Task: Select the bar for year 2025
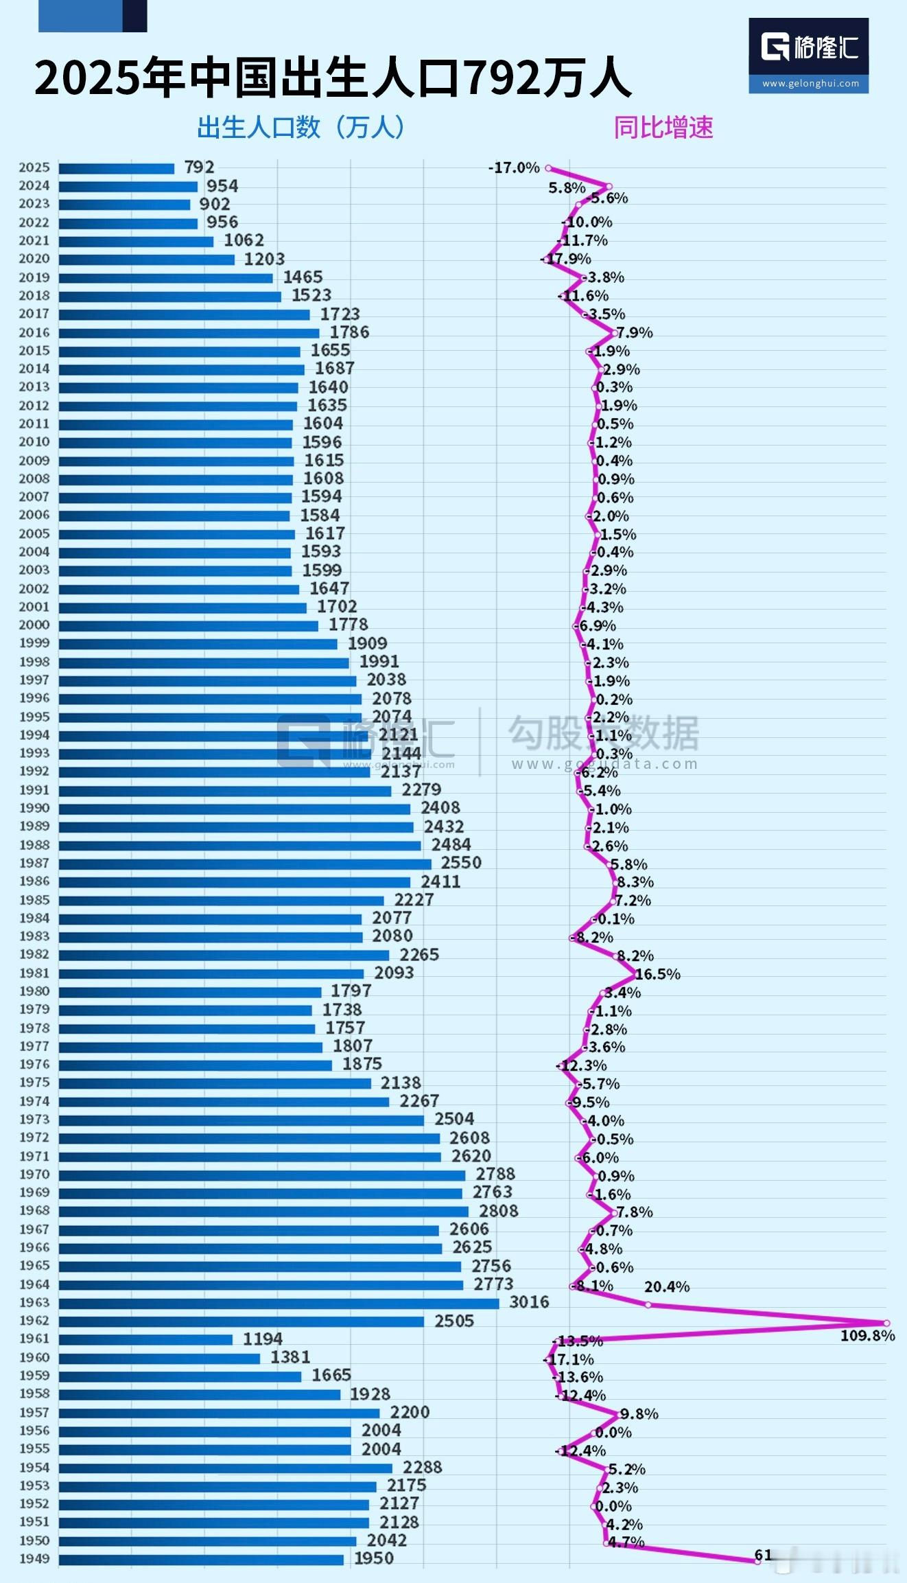coord(117,168)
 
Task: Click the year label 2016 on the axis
coord(34,332)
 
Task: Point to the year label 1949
coord(34,1558)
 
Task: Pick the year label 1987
coord(34,863)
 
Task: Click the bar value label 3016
coord(529,1302)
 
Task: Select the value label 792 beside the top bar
coord(199,167)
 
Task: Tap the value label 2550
coord(461,863)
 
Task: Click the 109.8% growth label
coord(867,1335)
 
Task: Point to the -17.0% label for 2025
coord(514,168)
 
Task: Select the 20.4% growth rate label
coord(666,1286)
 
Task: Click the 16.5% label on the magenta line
coord(657,974)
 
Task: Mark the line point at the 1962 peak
coord(886,1323)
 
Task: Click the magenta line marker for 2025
coord(548,168)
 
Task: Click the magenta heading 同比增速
coord(663,128)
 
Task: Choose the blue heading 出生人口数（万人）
coord(302,128)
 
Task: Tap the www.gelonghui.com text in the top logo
coord(810,84)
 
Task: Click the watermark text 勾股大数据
coord(604,733)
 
